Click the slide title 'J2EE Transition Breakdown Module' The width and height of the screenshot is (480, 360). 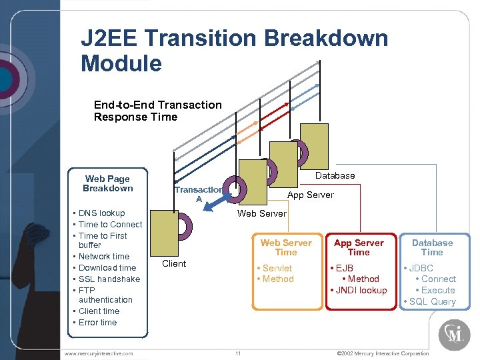[233, 51]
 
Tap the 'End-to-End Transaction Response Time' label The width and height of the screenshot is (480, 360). [157, 111]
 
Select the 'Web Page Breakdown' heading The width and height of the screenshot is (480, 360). [107, 183]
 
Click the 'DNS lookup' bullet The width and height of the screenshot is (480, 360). [101, 213]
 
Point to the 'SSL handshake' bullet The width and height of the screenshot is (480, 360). [109, 279]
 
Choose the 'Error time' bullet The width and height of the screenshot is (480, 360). [97, 323]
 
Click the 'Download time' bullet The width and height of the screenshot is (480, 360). [107, 268]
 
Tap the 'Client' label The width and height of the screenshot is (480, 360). [174, 263]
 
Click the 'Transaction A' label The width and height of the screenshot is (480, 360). [198, 194]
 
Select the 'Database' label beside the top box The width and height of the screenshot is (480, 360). [335, 175]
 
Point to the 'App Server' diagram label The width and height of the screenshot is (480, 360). [310, 195]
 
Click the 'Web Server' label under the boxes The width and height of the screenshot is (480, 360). [262, 213]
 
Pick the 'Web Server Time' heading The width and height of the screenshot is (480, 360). [286, 247]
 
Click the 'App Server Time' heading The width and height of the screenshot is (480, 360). [359, 247]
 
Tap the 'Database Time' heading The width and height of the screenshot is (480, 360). [432, 247]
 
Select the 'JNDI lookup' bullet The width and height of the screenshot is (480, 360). [361, 291]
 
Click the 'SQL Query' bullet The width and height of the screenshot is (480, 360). [432, 302]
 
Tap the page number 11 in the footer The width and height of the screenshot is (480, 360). [238, 353]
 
